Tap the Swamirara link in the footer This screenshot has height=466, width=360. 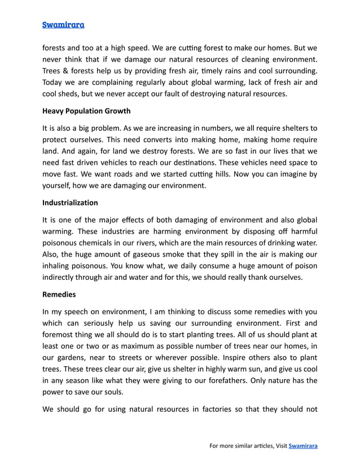(303, 446)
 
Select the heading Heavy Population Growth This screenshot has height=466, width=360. (86, 111)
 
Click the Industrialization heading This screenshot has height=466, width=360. (70, 203)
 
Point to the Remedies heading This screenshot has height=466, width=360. (59, 294)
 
